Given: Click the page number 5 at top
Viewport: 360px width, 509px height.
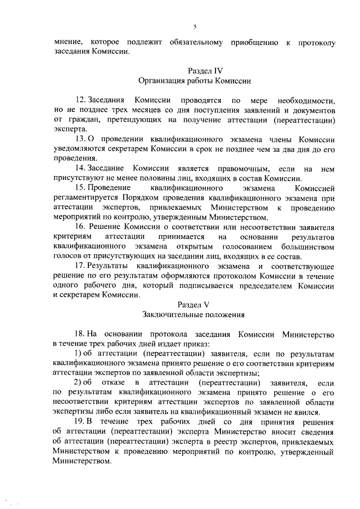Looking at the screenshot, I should [x=195, y=26].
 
